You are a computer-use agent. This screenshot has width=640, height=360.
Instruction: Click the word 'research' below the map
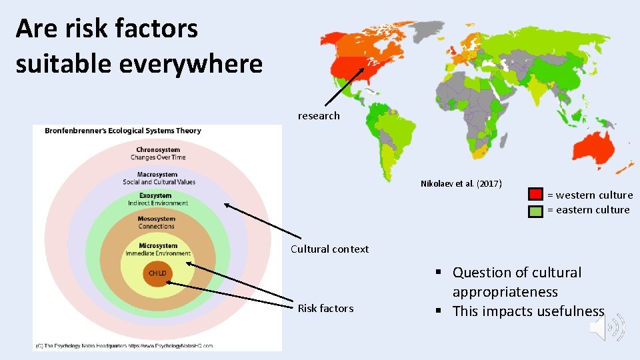point(319,116)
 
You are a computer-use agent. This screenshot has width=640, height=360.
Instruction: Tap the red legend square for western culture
point(536,195)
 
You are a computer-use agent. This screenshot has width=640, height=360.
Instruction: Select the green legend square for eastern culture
point(536,211)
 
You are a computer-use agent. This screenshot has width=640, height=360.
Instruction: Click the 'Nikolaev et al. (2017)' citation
point(461,183)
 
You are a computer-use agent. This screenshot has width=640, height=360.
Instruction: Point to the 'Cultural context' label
point(329,249)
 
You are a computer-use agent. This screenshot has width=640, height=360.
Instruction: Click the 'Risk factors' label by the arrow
point(325,308)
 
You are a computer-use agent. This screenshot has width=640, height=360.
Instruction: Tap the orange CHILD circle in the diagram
point(157,273)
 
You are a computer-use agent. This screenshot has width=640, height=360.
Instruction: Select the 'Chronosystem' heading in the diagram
point(157,149)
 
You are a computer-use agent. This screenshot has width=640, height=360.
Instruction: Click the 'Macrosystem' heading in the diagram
point(157,174)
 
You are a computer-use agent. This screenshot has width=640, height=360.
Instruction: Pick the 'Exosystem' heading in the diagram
point(156,196)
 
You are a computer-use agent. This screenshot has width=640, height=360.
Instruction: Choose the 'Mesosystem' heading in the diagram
point(157,219)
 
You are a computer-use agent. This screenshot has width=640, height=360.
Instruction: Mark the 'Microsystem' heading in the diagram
point(158,246)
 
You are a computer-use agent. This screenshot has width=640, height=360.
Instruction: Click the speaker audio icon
point(606,327)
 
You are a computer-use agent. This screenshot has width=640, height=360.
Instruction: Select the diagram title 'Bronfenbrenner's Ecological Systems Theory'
point(123,131)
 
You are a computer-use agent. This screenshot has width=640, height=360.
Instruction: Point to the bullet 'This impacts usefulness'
point(528,311)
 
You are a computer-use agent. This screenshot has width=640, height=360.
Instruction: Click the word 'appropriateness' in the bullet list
point(505,292)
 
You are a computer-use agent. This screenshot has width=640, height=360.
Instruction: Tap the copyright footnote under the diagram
point(123,345)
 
